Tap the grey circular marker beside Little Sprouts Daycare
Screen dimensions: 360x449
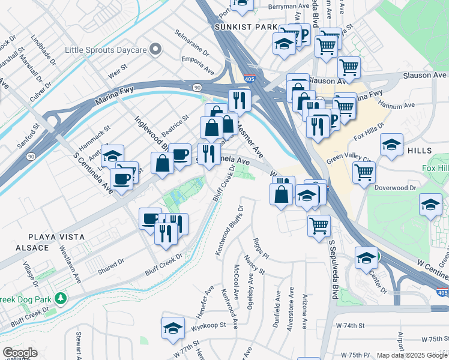click(x=155, y=48)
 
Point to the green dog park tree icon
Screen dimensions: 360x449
click(x=60, y=298)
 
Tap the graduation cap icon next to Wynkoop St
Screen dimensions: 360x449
click(x=172, y=328)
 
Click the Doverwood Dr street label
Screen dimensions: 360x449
click(x=395, y=188)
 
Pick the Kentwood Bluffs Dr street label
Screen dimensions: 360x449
click(x=228, y=231)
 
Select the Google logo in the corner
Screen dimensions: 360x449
click(x=20, y=353)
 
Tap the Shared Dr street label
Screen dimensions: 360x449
click(x=110, y=265)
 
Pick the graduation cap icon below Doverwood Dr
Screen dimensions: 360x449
click(x=430, y=205)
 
